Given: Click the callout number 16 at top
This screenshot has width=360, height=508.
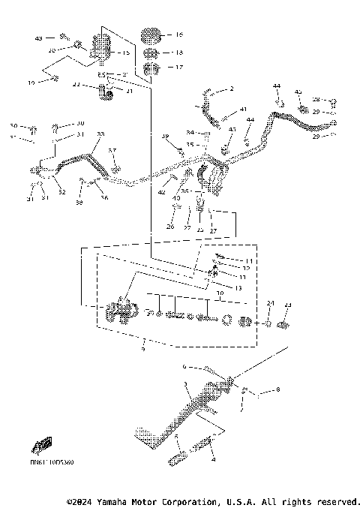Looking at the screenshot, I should pos(178,35).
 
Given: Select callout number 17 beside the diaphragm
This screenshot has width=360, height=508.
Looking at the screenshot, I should pos(178,67).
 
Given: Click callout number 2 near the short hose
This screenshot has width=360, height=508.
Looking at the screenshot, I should pos(232,89).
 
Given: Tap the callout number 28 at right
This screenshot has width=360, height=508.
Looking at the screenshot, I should pos(316,99).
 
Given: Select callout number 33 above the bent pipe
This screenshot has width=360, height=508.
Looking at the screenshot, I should pos(100,134).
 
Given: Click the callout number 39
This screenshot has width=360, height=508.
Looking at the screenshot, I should pos(166,136).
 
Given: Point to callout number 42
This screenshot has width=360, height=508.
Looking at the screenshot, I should pos(161,193).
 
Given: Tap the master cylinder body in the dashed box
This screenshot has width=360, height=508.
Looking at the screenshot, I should pos(121,310).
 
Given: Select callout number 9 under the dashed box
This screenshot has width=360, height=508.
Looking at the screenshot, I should pos(144,348).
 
